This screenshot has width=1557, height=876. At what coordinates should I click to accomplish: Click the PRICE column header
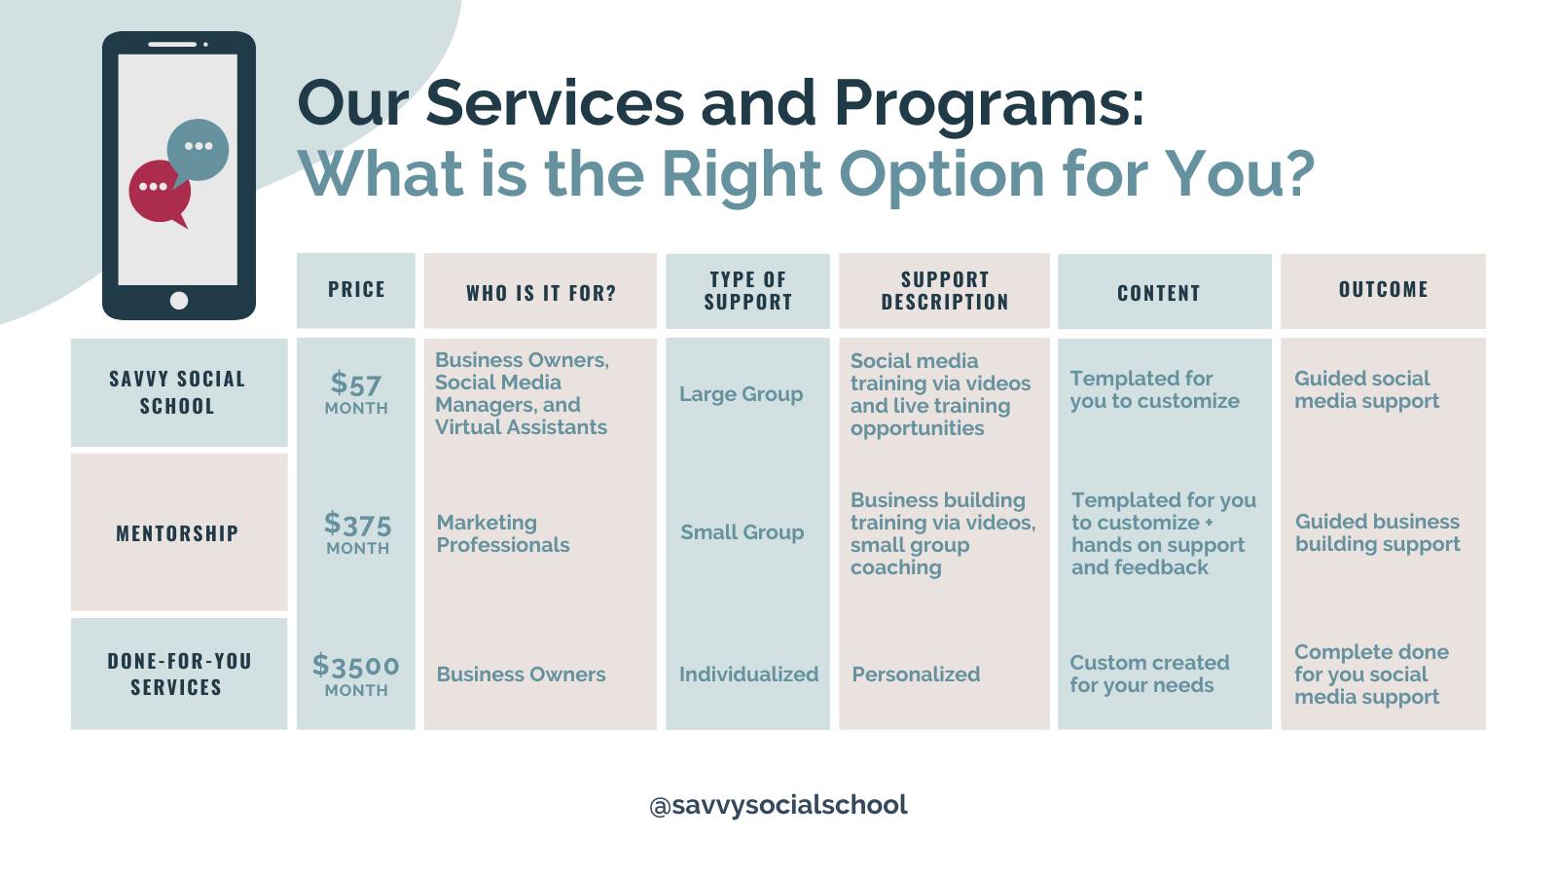(x=356, y=289)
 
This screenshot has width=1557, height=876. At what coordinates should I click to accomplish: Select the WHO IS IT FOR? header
(x=541, y=293)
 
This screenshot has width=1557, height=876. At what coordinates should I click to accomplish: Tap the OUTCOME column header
(x=1383, y=289)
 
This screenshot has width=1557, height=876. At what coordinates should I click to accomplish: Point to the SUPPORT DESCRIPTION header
(x=945, y=291)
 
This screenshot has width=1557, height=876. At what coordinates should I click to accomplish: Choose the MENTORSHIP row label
(x=177, y=533)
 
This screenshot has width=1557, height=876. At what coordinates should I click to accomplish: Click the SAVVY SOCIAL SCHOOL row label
(x=177, y=392)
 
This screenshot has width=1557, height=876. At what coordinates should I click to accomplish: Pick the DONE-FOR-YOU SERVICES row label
(x=179, y=674)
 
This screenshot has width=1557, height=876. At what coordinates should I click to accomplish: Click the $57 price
(x=356, y=383)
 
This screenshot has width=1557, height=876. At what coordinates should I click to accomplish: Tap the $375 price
(x=357, y=524)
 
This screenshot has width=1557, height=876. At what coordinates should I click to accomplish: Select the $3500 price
(x=356, y=666)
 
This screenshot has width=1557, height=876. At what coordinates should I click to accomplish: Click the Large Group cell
(x=741, y=394)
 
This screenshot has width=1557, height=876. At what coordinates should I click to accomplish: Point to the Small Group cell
(x=742, y=532)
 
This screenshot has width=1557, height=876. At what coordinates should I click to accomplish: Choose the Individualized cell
(x=748, y=675)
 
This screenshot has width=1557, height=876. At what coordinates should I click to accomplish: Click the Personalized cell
(x=916, y=675)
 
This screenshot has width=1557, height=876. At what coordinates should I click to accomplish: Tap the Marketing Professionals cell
(x=503, y=534)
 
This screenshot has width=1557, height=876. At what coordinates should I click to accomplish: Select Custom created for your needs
(x=1149, y=674)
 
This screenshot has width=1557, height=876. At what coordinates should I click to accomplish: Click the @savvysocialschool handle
(x=778, y=805)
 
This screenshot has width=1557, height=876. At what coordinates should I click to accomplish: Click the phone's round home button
(x=179, y=301)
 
